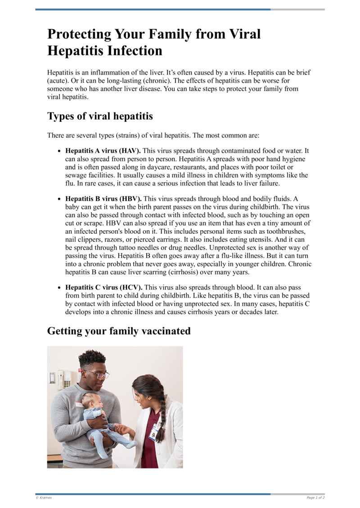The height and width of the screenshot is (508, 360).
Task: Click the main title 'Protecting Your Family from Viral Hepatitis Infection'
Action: click(154, 42)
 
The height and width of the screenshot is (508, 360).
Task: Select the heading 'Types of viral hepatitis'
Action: click(100, 116)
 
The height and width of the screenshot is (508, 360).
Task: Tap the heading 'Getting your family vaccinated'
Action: click(119, 331)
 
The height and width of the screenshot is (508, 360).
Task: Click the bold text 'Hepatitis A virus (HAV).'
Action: click(103, 151)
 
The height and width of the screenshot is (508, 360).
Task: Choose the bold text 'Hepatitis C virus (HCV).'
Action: click(103, 287)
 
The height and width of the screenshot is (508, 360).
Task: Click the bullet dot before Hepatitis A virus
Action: click(59, 152)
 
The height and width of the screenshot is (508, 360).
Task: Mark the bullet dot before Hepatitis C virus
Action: click(59, 288)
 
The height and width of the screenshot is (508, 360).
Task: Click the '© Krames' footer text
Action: click(44, 498)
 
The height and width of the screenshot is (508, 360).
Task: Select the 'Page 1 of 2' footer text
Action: click(315, 498)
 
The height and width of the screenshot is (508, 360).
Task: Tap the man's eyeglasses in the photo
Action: click(97, 373)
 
